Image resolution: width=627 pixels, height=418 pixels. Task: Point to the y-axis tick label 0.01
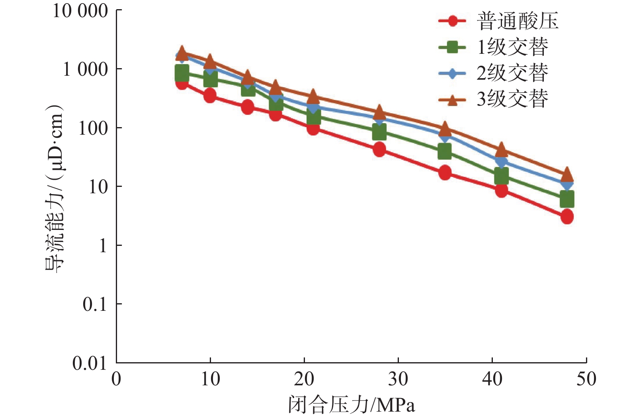pos(90,363)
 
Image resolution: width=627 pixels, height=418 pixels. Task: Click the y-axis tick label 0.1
pos(95,304)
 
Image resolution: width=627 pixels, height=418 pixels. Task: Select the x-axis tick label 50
pos(586,379)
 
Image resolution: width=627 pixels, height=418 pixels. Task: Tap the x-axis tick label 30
pos(398,379)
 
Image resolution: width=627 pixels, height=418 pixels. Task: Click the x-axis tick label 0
pos(116,379)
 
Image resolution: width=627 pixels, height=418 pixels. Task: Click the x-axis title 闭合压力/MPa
pos(352,405)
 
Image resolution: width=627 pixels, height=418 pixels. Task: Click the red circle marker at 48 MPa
pos(567,217)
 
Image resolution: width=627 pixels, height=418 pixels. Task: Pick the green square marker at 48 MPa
pos(567,199)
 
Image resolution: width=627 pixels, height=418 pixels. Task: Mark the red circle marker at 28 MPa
pos(379,149)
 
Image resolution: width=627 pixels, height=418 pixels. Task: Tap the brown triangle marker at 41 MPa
pos(501,150)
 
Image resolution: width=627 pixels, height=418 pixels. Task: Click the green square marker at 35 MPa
pos(445,151)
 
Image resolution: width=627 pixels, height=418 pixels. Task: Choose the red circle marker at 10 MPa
pos(210,96)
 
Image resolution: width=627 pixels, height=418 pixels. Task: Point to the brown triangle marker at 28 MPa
pos(379,112)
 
